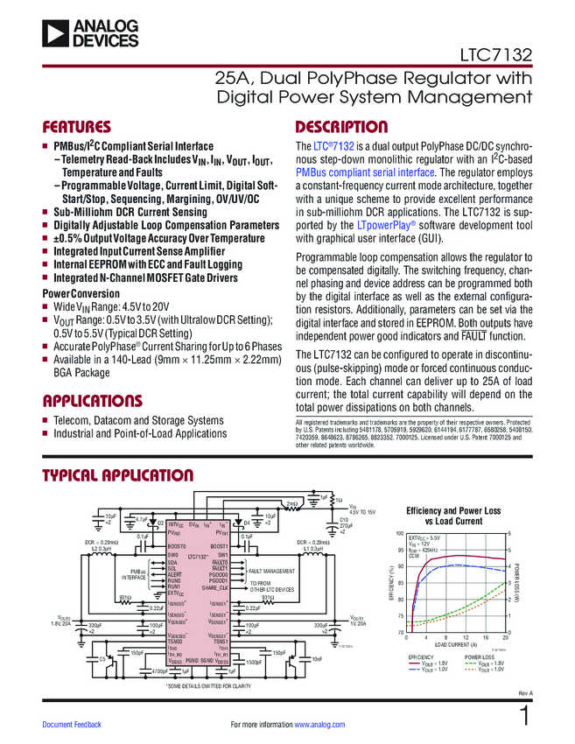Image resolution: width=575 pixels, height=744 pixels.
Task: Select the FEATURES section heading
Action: click(x=77, y=126)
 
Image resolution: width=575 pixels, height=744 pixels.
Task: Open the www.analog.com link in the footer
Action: click(x=320, y=725)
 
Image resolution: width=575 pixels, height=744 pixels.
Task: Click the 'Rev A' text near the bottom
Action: click(x=525, y=692)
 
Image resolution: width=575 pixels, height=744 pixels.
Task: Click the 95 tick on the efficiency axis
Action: click(x=401, y=550)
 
